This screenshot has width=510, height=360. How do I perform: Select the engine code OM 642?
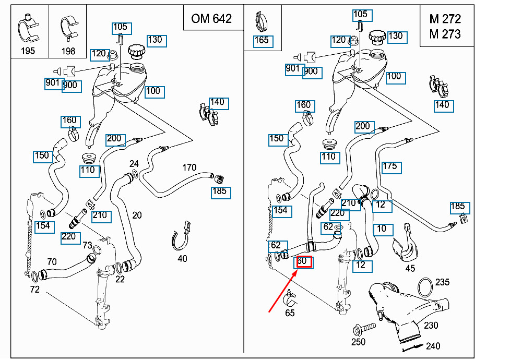pyautogui.click(x=211, y=19)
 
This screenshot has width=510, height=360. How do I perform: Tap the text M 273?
pyautogui.click(x=445, y=34)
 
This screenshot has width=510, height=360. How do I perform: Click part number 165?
pyautogui.click(x=261, y=40)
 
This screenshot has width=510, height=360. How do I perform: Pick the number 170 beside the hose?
pyautogui.click(x=189, y=167)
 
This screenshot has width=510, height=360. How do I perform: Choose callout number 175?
pyautogui.click(x=389, y=167)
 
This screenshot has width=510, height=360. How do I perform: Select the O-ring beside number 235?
pyautogui.click(x=426, y=286)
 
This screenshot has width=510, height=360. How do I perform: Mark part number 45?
pyautogui.click(x=410, y=269)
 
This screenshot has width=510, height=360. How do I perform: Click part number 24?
pyautogui.click(x=134, y=163)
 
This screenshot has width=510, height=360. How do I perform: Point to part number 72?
pyautogui.click(x=34, y=289)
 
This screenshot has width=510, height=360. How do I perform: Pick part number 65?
pyautogui.click(x=290, y=313)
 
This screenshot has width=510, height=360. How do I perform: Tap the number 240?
pyautogui.click(x=433, y=345)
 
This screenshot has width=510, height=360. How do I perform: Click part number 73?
pyautogui.click(x=87, y=245)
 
